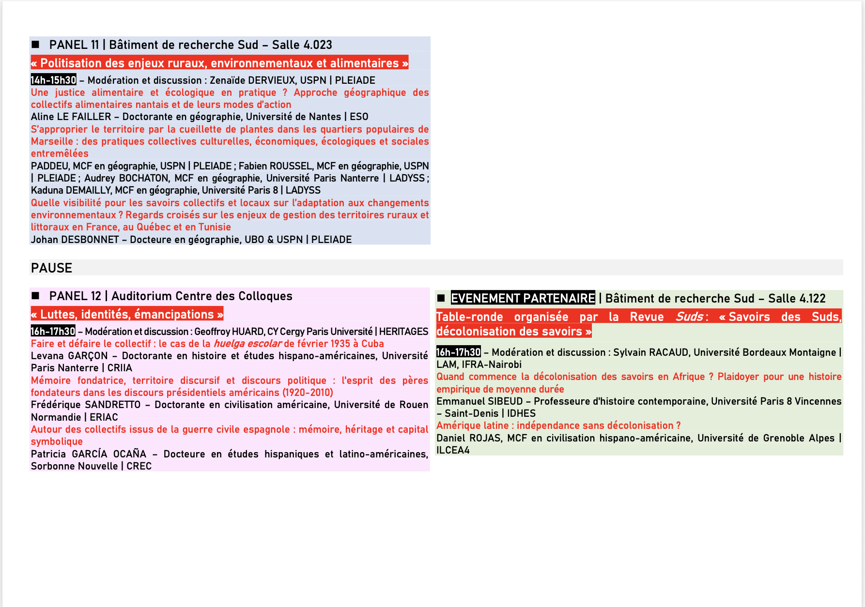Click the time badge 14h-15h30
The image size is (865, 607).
pyautogui.click(x=53, y=80)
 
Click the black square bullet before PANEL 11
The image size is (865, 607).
pyautogui.click(x=35, y=45)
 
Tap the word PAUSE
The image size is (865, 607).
pyautogui.click(x=51, y=268)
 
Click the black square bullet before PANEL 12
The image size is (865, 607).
pyautogui.click(x=35, y=296)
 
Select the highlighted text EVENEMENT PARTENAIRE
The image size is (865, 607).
pyautogui.click(x=523, y=298)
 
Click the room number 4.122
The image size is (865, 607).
pyautogui.click(x=811, y=299)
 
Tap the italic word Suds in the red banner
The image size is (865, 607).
pyautogui.click(x=689, y=317)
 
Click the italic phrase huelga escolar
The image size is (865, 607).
pyautogui.click(x=247, y=344)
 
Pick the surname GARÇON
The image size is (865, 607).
pyautogui.click(x=88, y=356)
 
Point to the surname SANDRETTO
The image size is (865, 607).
pyautogui.click(x=112, y=405)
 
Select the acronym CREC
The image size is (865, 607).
pyautogui.click(x=139, y=466)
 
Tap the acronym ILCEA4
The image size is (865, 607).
pyautogui.click(x=453, y=450)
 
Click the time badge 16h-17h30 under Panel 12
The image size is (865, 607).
pyautogui.click(x=53, y=332)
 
